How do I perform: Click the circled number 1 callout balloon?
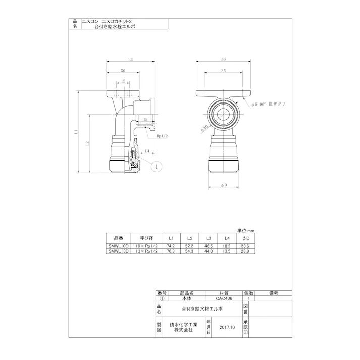coord(157,166)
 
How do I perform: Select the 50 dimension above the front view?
coord(223,60)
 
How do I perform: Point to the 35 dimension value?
coord(223,71)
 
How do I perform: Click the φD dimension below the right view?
coord(223,186)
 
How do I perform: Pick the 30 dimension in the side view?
coord(123,71)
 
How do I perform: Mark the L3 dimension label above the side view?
coord(130,60)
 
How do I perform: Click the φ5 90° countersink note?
coord(269,104)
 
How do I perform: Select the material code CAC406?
coord(223,298)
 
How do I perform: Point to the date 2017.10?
coord(227,327)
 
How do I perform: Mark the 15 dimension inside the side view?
coord(145,120)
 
